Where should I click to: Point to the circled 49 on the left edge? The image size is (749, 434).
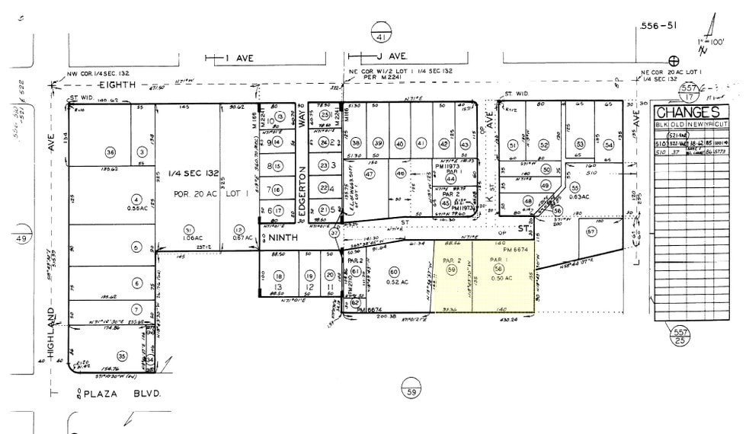click(x=21, y=239)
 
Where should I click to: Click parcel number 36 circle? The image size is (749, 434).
click(x=110, y=152)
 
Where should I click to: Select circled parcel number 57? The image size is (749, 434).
click(x=591, y=231)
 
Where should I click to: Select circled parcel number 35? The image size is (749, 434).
click(x=122, y=356)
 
